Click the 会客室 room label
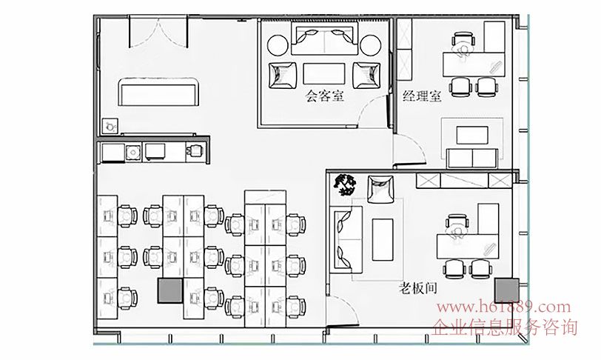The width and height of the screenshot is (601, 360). coord(324,96)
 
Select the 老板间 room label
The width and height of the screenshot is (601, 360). coord(418,288)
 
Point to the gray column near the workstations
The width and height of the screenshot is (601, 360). coord(170,291)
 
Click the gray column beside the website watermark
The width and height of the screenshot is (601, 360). coord(506,290)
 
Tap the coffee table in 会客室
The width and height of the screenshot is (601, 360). coord(324,73)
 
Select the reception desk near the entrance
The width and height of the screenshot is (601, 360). coord(158,92)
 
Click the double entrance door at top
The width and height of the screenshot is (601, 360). coord(158,33)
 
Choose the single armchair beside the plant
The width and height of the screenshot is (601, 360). coord(380,189)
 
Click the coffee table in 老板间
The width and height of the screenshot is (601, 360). coord(383,239)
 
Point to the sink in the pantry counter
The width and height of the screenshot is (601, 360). coord(133,153)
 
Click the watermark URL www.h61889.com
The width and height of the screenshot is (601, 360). coord(503,307)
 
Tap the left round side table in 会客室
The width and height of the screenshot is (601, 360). coord(278,45)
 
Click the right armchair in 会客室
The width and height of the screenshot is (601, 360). coord(367,76)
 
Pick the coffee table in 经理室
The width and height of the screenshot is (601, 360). coord(472,135)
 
